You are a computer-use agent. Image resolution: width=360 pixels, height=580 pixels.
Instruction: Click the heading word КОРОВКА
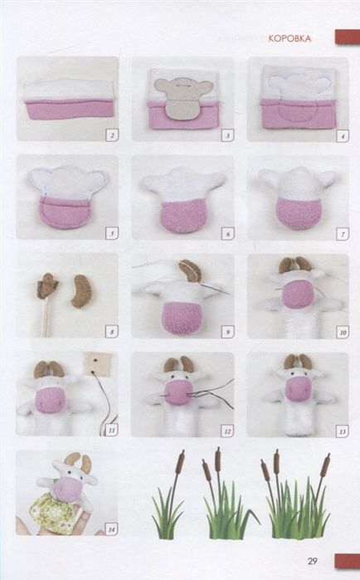pos(289,38)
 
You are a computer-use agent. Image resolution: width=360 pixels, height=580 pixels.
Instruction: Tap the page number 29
pos(313,561)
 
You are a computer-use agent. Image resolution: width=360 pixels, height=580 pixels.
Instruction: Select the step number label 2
pos(112,135)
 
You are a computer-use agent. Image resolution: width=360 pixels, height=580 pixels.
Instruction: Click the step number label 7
pos(343,235)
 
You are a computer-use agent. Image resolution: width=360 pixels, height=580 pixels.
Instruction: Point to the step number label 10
pos(343,333)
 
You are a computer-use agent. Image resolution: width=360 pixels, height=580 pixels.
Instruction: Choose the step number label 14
pos(111,529)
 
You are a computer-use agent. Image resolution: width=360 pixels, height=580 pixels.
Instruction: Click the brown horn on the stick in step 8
pos(47,285)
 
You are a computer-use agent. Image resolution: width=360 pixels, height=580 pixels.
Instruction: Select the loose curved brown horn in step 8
pos(80,291)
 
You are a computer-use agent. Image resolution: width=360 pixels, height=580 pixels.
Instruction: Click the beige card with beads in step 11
pos(98,362)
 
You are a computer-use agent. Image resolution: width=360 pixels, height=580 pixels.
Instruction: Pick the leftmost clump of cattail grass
pos(168,495)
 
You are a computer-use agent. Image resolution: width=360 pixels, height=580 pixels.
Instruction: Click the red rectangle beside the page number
pos(347,561)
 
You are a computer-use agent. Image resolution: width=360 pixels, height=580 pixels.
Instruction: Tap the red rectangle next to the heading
pos(348,37)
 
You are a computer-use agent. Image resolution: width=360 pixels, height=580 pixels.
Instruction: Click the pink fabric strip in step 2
pos(70,110)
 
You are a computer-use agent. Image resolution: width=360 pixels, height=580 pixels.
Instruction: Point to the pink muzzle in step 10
pos(298,295)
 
